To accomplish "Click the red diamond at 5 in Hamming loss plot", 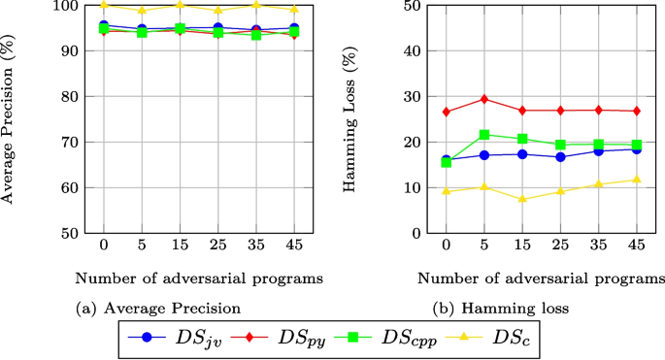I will click(484, 99).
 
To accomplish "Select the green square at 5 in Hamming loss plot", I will click(484, 135).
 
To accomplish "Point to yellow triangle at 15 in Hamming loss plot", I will click(522, 199).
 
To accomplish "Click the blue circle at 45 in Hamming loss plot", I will click(637, 149).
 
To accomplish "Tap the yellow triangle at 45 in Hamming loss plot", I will click(637, 180).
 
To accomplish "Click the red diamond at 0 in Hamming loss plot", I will click(447, 112).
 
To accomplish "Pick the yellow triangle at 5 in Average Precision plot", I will click(142, 10).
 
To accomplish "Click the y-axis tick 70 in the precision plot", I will click(71, 143).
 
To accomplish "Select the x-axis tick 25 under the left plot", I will click(217, 246).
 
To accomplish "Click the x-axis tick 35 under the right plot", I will click(599, 246).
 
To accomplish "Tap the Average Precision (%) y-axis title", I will click(10, 118).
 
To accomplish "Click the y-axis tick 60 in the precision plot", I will click(71, 188).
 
